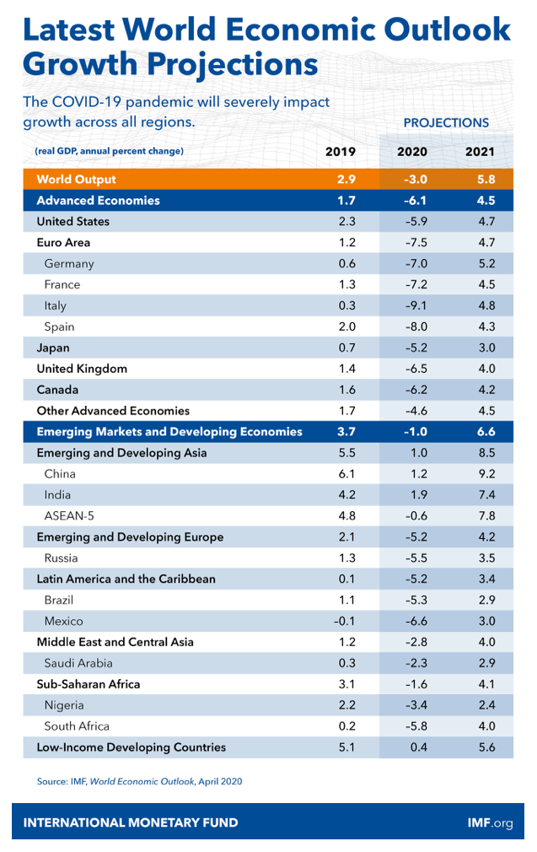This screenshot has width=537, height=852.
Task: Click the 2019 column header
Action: pos(341,152)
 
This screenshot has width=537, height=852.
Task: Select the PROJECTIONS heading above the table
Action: pos(446,123)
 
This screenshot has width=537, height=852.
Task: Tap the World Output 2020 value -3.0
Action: pos(416,180)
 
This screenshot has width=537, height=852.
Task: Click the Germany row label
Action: pos(69,264)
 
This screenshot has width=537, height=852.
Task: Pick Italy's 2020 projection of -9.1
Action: pos(416,305)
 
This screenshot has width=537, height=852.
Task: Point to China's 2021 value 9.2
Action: pos(486,474)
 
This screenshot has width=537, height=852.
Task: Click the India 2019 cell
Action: pos(347,495)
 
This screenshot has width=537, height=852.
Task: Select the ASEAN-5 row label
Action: pos(69,515)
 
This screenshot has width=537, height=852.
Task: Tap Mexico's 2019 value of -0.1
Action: pos(344,621)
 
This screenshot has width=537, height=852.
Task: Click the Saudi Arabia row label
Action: pos(78,663)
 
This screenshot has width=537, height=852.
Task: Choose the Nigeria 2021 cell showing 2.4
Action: pos(486,705)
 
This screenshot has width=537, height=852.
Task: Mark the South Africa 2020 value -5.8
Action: pos(416,726)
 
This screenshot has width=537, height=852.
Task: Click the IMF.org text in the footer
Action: pos(490,822)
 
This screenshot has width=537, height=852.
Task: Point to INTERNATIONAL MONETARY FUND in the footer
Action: pos(131,822)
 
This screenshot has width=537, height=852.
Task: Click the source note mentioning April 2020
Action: pos(140,781)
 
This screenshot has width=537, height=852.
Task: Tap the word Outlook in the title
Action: pos(448,30)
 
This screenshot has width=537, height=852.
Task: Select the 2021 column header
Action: pos(480,152)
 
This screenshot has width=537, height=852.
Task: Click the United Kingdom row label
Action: pos(82,369)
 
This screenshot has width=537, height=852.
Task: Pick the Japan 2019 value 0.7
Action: pos(347,348)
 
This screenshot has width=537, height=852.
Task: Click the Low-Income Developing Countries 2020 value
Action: pos(419,747)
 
